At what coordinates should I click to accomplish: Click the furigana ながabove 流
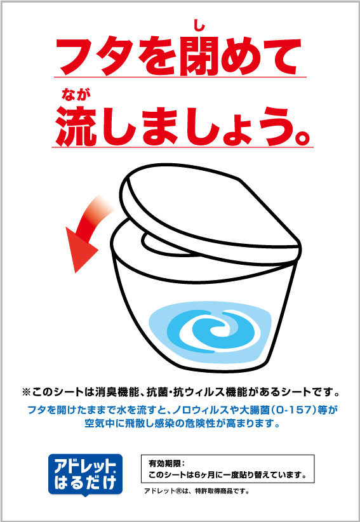76,95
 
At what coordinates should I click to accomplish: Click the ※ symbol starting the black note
26,392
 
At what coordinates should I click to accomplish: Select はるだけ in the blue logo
85,483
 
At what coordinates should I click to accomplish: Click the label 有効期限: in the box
166,463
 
